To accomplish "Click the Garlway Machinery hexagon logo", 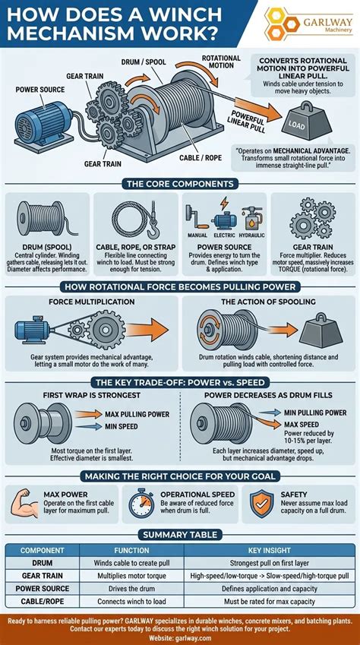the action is pos(283,24).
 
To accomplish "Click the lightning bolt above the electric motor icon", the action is pos(224,203).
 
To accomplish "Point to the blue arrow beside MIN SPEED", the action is pos(89,426).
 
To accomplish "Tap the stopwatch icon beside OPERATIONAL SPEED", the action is pos(141,504).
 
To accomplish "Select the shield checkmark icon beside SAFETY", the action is pos(262,504).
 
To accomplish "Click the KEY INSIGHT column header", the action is pos(270,550).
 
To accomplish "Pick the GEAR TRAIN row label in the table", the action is pos(42,575).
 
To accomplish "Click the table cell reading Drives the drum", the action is pos(131,588).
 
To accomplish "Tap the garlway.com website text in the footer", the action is pos(180,637).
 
